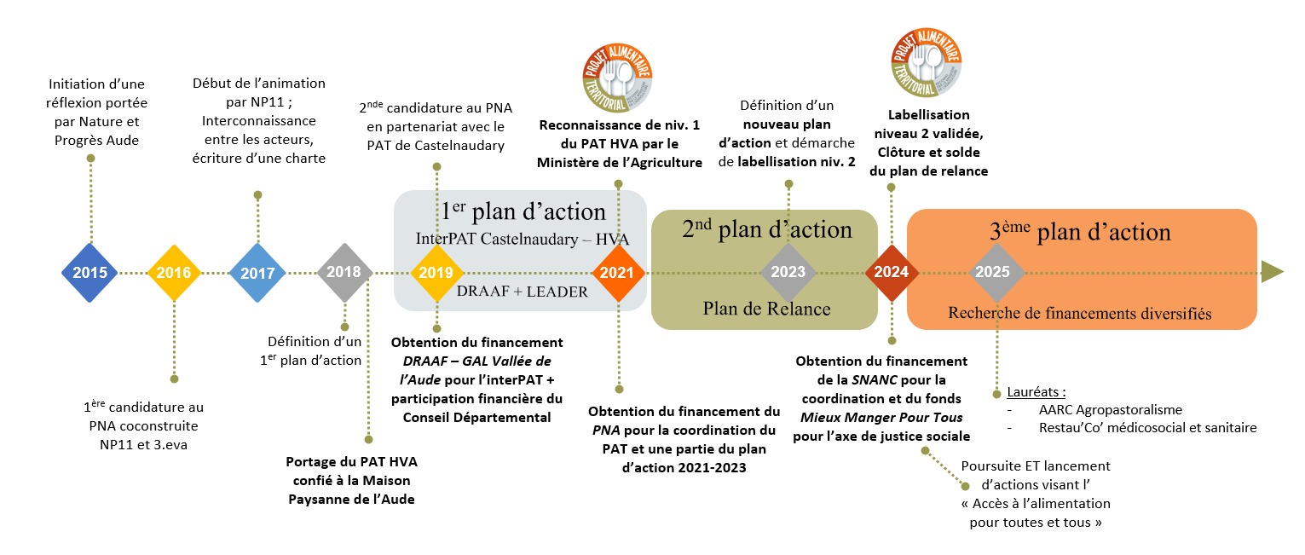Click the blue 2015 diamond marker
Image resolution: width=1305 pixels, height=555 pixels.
coord(90,273)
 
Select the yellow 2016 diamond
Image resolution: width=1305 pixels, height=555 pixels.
coord(174,273)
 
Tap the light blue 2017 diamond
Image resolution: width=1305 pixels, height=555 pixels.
coord(257,273)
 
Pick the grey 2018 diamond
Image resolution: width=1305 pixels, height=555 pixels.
coord(344,273)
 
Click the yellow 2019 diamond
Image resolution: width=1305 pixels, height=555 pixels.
coord(437,273)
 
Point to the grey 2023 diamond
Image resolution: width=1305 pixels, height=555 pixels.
coord(788,273)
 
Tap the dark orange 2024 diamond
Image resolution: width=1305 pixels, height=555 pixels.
coord(892,273)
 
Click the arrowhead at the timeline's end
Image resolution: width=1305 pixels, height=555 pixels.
coord(1272,272)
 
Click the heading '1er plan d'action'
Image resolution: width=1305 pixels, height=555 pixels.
coord(523,212)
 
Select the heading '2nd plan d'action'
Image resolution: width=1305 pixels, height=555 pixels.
coord(766,229)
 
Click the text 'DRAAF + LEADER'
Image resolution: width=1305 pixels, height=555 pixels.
coord(522,292)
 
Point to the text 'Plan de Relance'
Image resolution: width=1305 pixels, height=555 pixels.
coord(766,308)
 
